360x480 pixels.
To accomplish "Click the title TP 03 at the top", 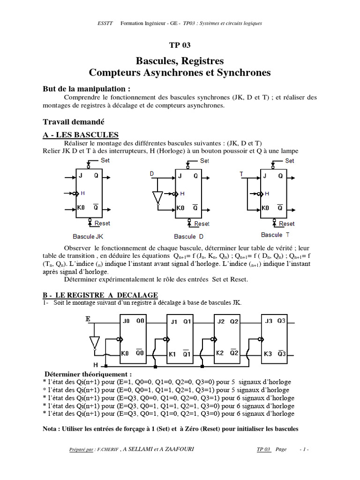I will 180,45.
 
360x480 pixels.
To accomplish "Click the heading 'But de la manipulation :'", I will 87,89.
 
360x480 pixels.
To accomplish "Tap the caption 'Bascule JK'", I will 91,237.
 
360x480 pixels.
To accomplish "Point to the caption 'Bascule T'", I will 275,235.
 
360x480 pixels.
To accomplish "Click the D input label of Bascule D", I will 152,174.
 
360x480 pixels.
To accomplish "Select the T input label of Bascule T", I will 241,174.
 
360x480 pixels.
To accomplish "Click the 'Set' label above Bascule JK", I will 105,160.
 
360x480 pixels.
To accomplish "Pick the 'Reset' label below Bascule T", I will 286,224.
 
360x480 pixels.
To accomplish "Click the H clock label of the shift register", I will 96,364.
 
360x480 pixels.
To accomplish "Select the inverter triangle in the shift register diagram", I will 95,342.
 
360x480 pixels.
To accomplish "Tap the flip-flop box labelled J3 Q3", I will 274,337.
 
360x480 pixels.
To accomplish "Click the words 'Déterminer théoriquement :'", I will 88,374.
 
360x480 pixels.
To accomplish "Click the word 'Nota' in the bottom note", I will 52,429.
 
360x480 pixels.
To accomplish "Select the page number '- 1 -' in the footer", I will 304,450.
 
